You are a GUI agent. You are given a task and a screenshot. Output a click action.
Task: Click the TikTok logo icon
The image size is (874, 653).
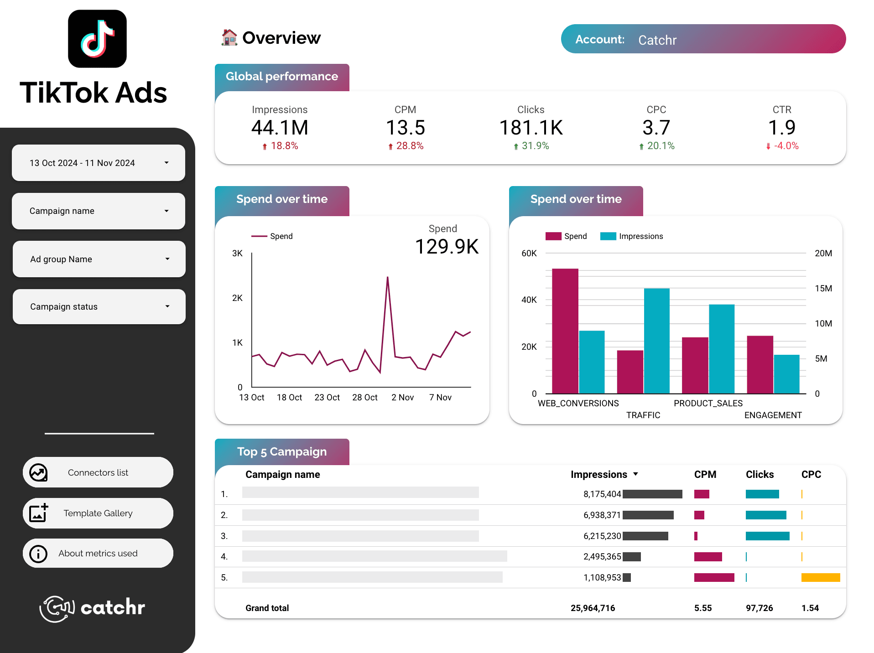(x=97, y=39)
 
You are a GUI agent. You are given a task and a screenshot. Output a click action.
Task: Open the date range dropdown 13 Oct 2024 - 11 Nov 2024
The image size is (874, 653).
(x=98, y=163)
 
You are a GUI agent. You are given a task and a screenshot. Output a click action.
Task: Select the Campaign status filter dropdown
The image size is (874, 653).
(x=99, y=306)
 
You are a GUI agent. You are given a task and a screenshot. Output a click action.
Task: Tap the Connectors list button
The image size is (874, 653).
(x=98, y=472)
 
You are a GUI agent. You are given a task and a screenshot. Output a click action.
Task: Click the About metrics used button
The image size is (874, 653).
(x=98, y=553)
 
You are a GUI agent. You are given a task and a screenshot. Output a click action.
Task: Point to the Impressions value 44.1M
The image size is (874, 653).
(x=280, y=128)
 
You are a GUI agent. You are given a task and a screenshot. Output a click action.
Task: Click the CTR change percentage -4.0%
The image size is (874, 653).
(x=786, y=146)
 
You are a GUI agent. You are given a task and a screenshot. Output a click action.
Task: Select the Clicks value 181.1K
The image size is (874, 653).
(x=531, y=128)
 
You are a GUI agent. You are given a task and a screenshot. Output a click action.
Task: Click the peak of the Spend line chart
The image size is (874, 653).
(x=388, y=277)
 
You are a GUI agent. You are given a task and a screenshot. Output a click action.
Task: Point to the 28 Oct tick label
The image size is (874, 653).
(x=364, y=398)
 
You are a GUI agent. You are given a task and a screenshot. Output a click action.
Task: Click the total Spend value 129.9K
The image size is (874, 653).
(x=447, y=247)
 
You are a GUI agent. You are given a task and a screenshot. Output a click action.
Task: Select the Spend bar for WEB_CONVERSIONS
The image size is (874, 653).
(x=565, y=331)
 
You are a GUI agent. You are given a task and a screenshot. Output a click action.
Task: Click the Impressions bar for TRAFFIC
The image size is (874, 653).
(x=656, y=341)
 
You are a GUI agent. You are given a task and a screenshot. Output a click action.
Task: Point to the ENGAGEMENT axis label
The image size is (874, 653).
(x=773, y=415)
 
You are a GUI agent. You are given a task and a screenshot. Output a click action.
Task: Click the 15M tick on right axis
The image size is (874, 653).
(x=823, y=289)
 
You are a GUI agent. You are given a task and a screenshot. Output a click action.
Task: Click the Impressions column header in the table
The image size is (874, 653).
(x=598, y=474)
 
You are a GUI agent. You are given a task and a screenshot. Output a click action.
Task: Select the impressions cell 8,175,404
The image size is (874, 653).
(x=602, y=494)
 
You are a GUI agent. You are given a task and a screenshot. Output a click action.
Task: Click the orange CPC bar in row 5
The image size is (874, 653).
(x=820, y=577)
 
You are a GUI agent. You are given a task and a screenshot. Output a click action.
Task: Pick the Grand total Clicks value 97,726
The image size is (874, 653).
(x=759, y=608)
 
